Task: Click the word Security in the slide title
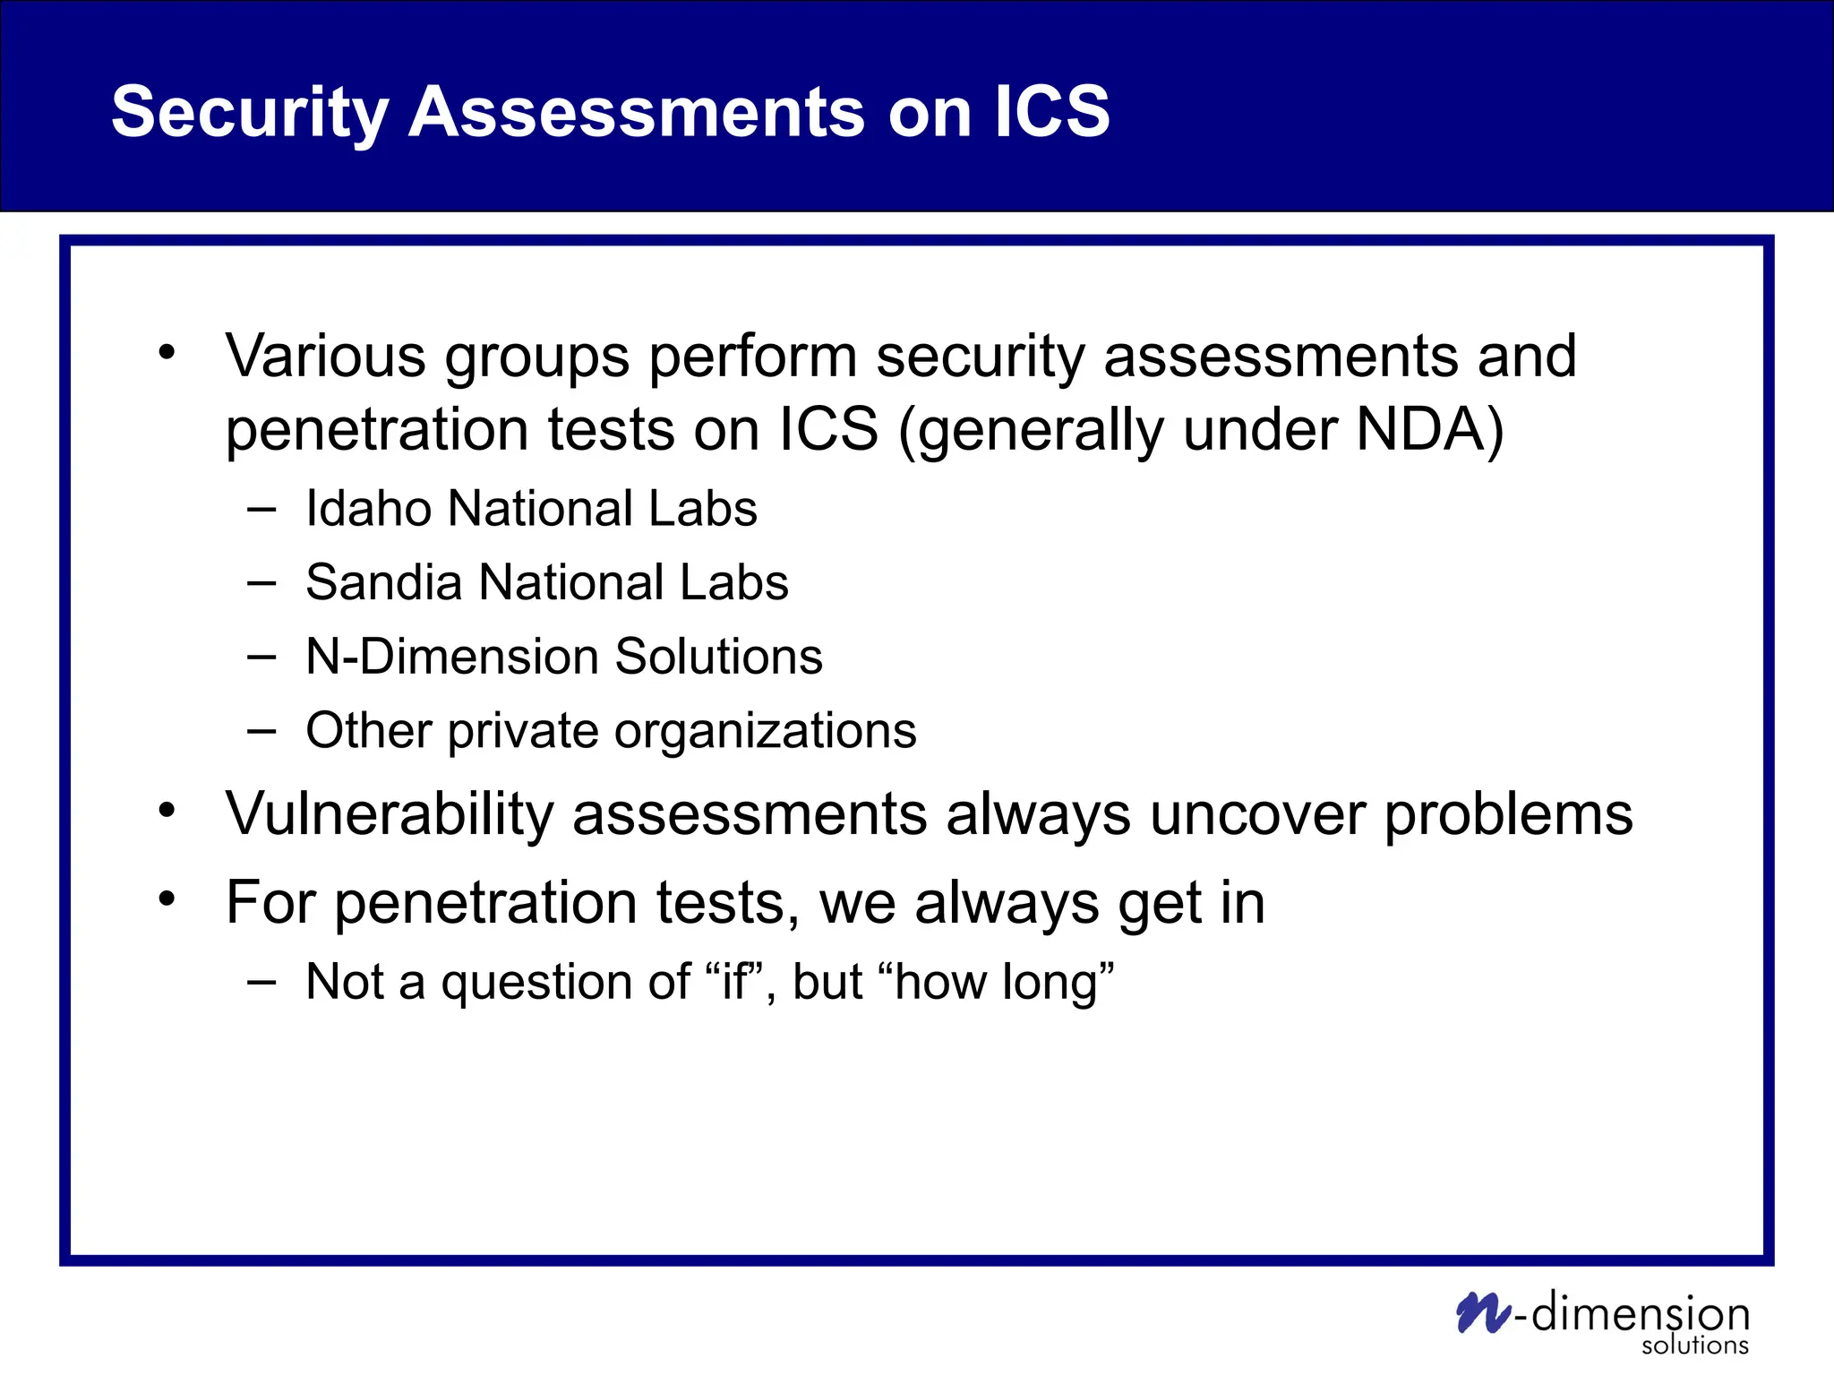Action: pyautogui.click(x=249, y=112)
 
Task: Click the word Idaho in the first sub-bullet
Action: pyautogui.click(x=370, y=509)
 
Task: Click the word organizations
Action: pyautogui.click(x=765, y=731)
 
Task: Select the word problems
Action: pyautogui.click(x=1508, y=814)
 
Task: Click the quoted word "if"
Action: pyautogui.click(x=734, y=981)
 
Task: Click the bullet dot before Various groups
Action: pyautogui.click(x=167, y=352)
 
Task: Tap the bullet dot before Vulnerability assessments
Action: pyautogui.click(x=167, y=810)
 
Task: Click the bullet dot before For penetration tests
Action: pyautogui.click(x=167, y=898)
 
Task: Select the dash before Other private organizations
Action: pyautogui.click(x=261, y=731)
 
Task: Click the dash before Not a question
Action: pyautogui.click(x=261, y=982)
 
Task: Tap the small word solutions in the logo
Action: pyautogui.click(x=1694, y=1345)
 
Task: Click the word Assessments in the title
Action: pyautogui.click(x=636, y=112)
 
